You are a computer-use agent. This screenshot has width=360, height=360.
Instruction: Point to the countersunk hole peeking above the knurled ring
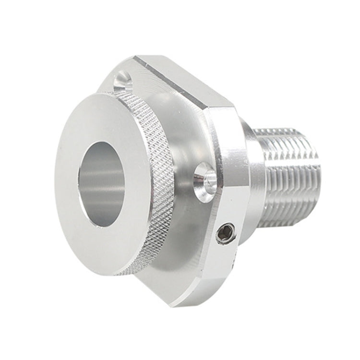point(122,79)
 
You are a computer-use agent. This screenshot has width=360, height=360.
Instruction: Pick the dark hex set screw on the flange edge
point(225,234)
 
